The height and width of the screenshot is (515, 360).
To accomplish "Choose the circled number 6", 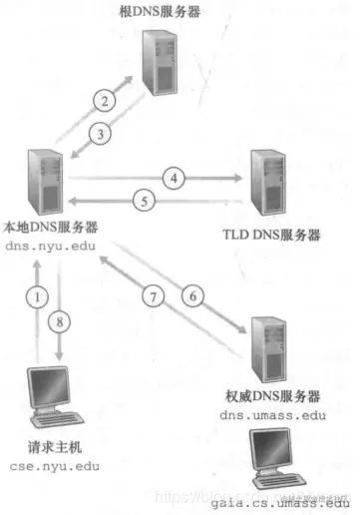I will tap(193, 295).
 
